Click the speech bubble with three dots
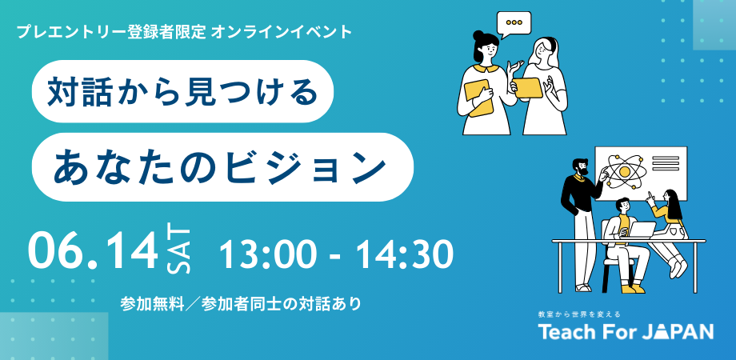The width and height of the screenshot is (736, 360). [x=514, y=23]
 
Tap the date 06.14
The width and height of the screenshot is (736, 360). [x=92, y=251]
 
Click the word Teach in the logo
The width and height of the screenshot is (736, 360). [x=567, y=332]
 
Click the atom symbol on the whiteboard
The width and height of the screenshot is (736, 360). [x=621, y=167]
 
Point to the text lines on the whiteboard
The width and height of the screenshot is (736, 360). [x=665, y=164]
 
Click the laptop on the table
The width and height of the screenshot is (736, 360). [x=640, y=229]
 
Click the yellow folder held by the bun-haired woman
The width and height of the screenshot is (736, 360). [x=478, y=98]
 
